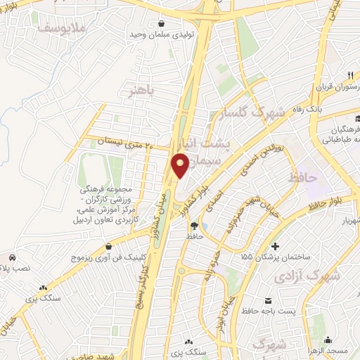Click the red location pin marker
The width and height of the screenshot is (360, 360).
coord(181,166)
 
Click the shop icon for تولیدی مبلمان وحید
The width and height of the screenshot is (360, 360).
coord(163,22)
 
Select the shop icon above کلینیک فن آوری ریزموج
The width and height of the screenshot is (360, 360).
coord(110,247)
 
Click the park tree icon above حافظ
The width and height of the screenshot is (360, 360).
coord(194,226)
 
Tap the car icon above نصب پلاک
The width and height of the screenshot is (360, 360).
coord(13,258)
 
